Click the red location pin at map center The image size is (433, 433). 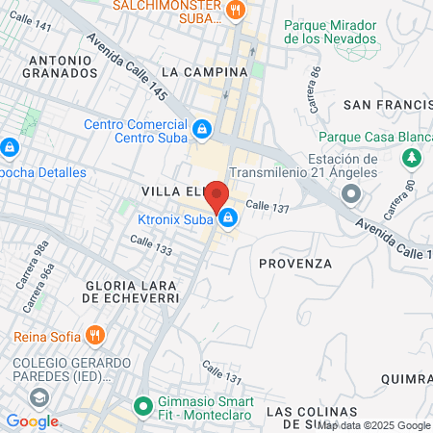pyautogui.click(x=216, y=193)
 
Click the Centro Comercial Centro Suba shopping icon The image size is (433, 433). pyautogui.click(x=202, y=128)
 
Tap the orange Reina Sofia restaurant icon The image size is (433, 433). pyautogui.click(x=93, y=336)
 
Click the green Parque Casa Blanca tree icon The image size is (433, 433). pyautogui.click(x=412, y=156)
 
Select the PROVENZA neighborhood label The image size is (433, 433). pyautogui.click(x=295, y=263)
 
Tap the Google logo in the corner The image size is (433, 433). pyautogui.click(x=33, y=421)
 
